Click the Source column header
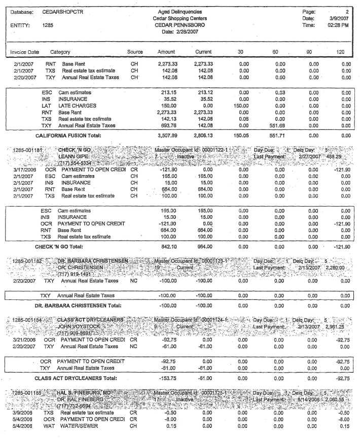click(136, 52)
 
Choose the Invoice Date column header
click(23, 52)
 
